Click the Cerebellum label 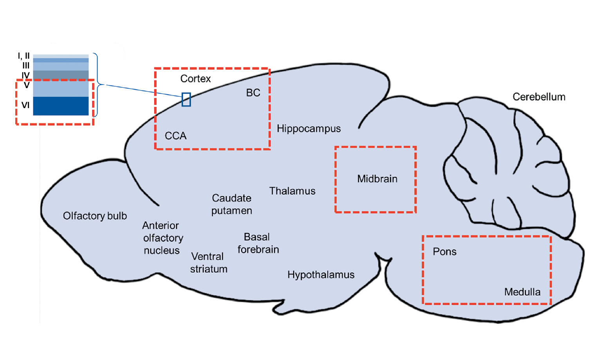539,97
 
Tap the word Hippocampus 309,128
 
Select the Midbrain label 377,179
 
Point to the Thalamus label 292,191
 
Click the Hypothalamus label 321,275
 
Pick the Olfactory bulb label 95,216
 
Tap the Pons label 444,251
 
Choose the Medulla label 522,292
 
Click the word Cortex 195,79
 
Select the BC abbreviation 253,93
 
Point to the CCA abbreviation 175,136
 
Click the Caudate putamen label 231,204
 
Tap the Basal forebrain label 258,243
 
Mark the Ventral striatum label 208,263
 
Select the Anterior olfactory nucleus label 162,238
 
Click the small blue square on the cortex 186,99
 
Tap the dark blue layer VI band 61,106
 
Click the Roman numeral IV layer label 25,75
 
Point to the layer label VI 25,105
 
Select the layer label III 26,65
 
